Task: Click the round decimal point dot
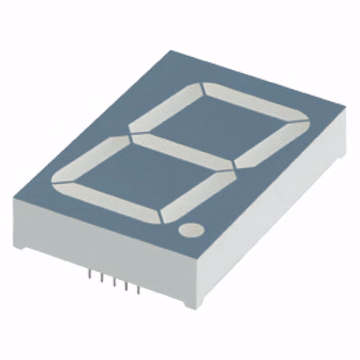(190, 229)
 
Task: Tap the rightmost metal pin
(138, 290)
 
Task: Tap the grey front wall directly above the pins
(112, 253)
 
